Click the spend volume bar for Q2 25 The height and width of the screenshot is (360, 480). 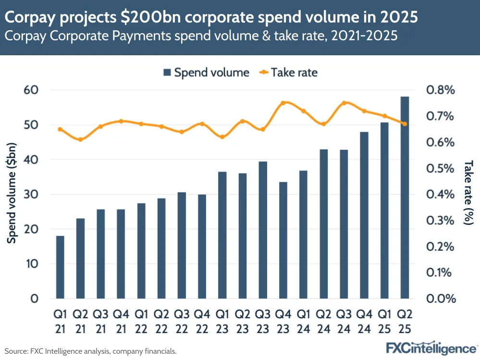tap(405, 198)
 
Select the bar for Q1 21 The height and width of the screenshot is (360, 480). tap(60, 267)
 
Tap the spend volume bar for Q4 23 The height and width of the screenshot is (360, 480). tap(283, 240)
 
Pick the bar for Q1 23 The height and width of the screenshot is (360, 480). tap(222, 235)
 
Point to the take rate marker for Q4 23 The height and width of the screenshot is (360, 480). tap(283, 103)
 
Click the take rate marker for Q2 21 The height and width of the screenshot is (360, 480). tap(80, 140)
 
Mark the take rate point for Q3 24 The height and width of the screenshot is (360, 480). tap(344, 103)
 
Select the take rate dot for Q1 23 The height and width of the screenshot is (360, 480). tap(222, 137)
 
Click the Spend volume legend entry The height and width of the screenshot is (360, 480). tap(206, 73)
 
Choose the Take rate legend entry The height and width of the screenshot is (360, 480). tap(288, 73)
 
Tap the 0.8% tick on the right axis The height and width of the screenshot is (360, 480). tap(440, 90)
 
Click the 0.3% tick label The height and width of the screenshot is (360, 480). tap(440, 221)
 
